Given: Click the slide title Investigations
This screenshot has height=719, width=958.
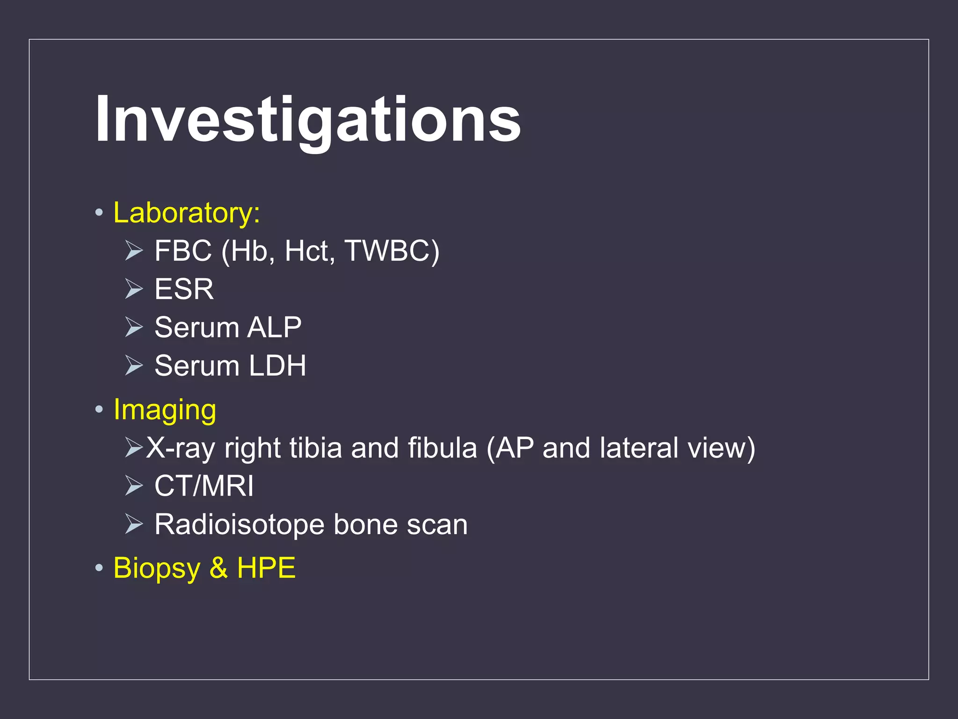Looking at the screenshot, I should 307,119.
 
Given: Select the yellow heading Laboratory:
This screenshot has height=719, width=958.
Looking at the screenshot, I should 186,213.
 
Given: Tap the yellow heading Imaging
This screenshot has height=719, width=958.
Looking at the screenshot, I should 165,410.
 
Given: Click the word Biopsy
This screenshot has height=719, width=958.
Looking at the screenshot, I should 156,568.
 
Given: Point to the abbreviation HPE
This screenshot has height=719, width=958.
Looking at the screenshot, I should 266,568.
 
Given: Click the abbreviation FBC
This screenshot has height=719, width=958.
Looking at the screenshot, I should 183,251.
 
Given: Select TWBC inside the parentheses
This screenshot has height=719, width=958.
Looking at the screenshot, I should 386,251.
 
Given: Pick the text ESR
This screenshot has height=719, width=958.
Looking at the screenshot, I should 184,289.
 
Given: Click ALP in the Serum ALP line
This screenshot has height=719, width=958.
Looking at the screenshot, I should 275,327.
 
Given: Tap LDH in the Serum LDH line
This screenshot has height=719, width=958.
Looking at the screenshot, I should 277,366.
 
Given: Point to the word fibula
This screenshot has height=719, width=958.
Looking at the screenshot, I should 442,448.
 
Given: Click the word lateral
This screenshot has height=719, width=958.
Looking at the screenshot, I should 639,448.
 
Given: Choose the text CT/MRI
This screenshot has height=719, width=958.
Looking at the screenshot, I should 204,486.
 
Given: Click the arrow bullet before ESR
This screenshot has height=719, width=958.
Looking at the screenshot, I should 134,289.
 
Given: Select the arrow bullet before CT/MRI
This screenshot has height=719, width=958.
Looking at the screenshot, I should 134,486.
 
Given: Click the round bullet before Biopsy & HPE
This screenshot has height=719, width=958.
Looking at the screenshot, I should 99,568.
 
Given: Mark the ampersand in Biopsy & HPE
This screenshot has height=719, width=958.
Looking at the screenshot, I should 218,568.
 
